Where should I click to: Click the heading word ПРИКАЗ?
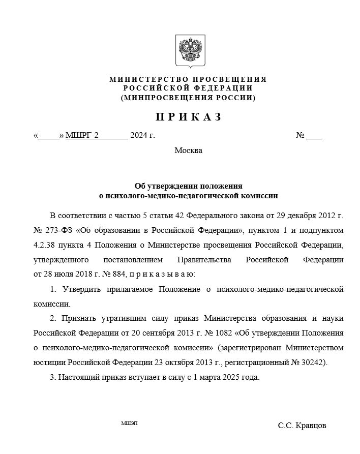(x=188, y=117)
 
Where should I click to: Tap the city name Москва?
(x=188, y=150)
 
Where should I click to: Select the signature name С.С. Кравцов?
(x=302, y=425)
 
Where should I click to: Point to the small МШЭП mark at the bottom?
(x=130, y=423)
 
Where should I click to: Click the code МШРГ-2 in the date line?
(x=83, y=135)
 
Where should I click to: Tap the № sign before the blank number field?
(x=300, y=135)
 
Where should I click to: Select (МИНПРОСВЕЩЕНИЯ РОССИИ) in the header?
(x=188, y=97)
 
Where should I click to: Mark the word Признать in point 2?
(x=79, y=319)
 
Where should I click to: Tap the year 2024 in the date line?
(x=139, y=135)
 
